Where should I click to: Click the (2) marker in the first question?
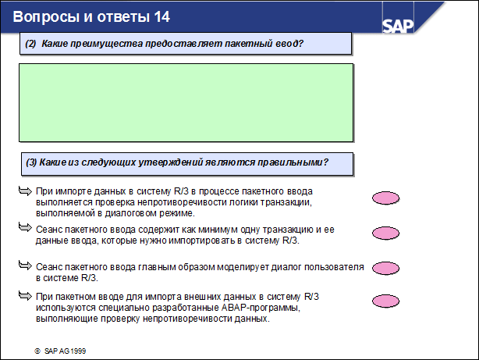(31, 44)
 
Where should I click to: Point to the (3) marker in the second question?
(31, 162)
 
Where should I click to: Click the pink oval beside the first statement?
(385, 199)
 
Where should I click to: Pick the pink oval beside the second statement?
(385, 233)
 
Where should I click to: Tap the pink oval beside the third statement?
(385, 268)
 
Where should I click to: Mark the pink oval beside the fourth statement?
(385, 301)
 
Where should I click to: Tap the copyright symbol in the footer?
(37, 351)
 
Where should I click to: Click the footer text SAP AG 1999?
(66, 351)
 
